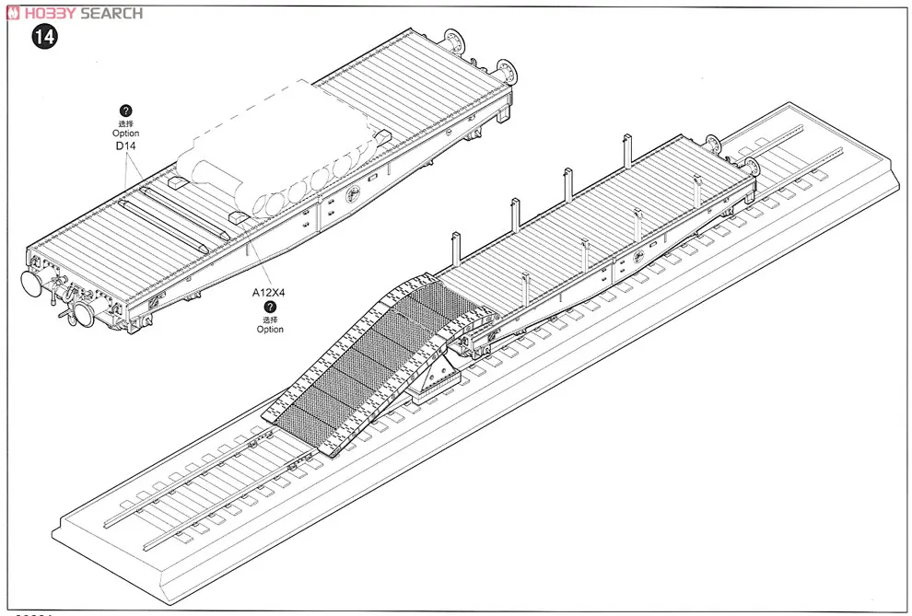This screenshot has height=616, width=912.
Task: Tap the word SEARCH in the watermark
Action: (111, 12)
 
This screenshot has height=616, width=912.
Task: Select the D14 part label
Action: (126, 146)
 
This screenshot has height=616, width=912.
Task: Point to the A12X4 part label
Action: (269, 293)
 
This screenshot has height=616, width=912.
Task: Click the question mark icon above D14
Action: (126, 110)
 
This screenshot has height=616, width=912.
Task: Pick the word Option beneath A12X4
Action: (270, 330)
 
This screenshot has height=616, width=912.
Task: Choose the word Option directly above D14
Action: (126, 134)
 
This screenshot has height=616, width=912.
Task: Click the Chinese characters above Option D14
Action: (126, 123)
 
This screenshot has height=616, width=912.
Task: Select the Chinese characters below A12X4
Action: (270, 319)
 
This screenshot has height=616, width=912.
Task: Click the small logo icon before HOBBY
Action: (9, 12)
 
